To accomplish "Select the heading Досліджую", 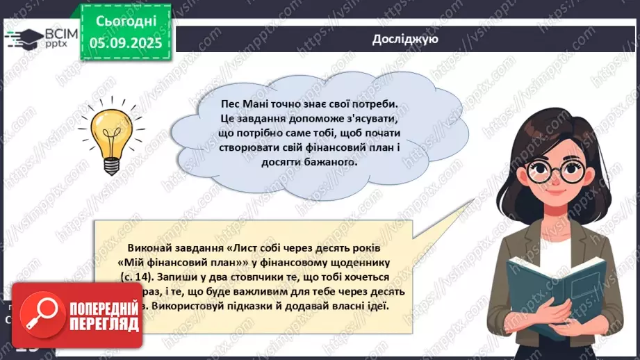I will click(x=404, y=39).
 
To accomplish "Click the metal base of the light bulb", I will click(x=111, y=165).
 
